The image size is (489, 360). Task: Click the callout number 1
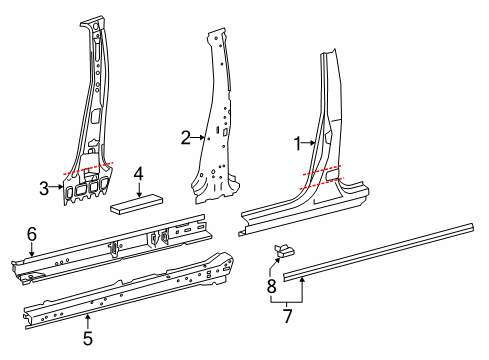(x=297, y=144)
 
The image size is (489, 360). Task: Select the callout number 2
(x=184, y=137)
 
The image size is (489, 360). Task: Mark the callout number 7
(x=287, y=316)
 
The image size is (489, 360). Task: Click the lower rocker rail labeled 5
(x=130, y=291)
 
